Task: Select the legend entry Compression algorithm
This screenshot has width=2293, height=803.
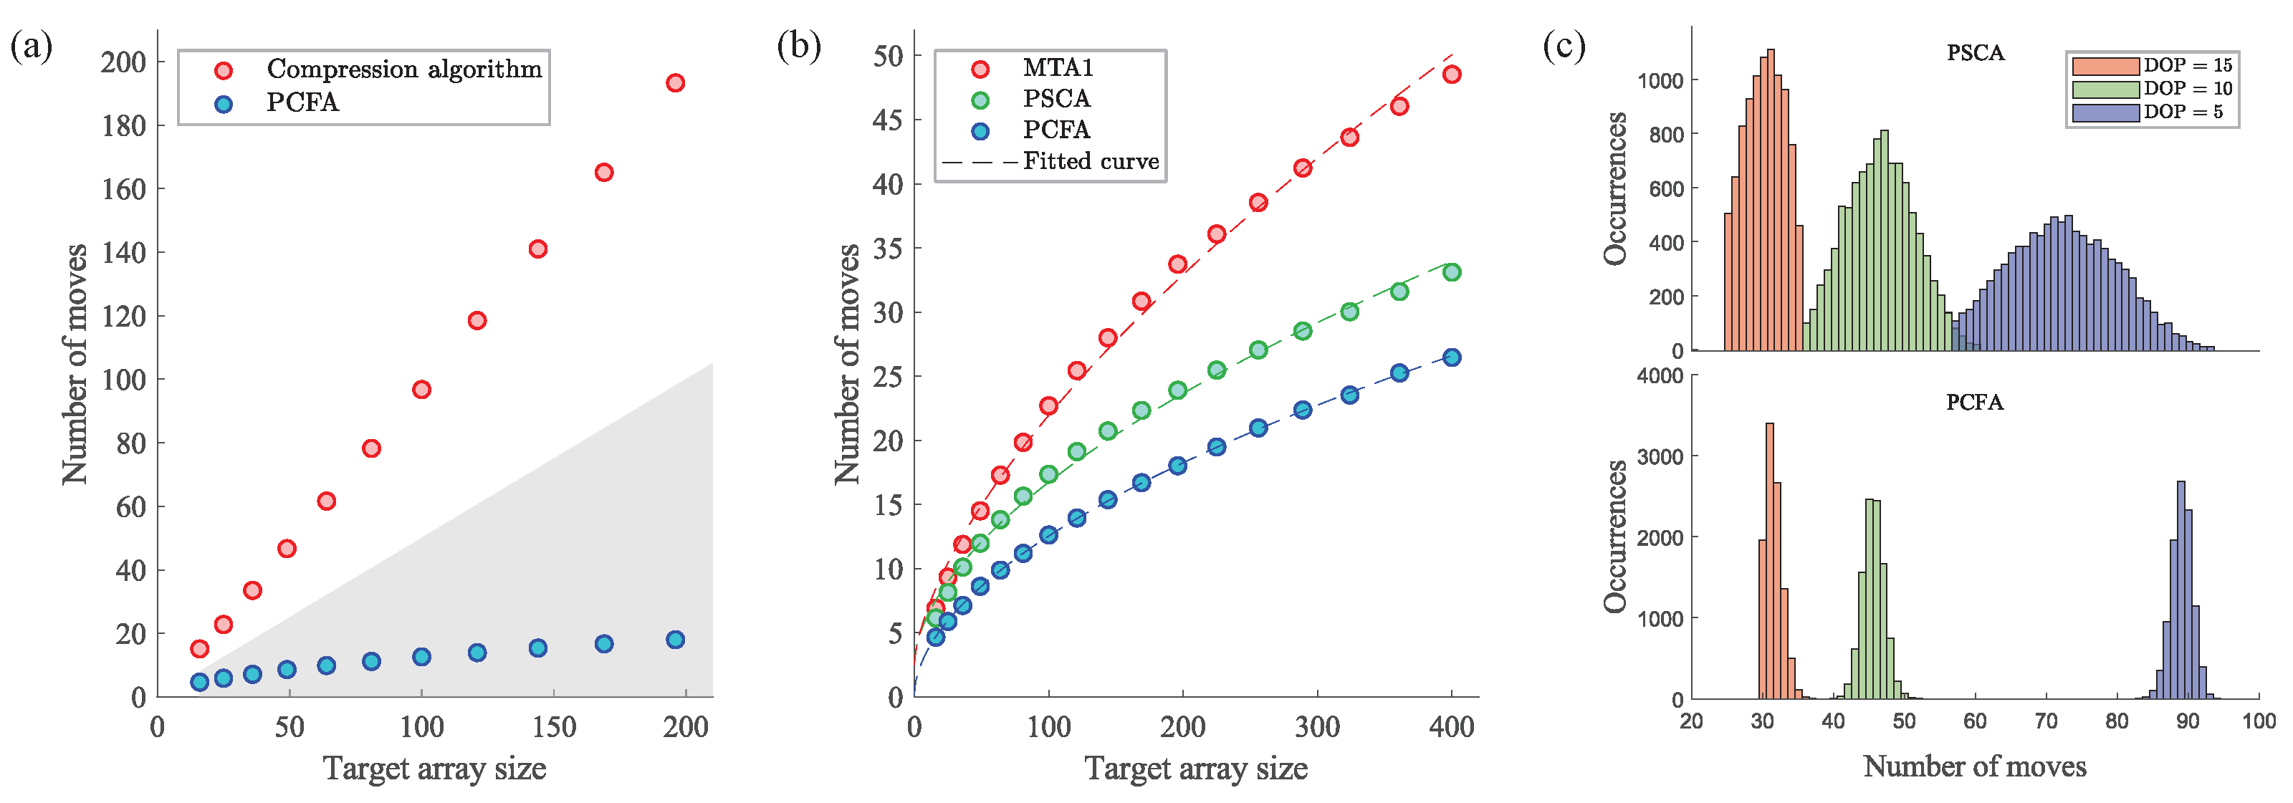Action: pos(403,69)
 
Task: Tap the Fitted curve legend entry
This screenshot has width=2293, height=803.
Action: pos(1091,161)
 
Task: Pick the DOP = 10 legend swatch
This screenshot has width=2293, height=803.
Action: pos(2105,89)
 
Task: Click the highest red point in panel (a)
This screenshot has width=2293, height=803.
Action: pos(676,83)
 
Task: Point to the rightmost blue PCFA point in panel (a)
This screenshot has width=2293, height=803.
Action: pos(676,639)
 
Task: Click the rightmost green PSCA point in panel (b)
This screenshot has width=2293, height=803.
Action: pos(1452,271)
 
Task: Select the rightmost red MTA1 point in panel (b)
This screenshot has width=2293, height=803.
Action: pos(1452,74)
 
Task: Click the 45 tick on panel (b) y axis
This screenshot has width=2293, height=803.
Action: pos(888,120)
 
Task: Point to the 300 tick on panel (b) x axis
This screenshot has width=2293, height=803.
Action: pos(1318,726)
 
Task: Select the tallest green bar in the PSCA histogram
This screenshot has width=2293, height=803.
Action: pos(1885,241)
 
